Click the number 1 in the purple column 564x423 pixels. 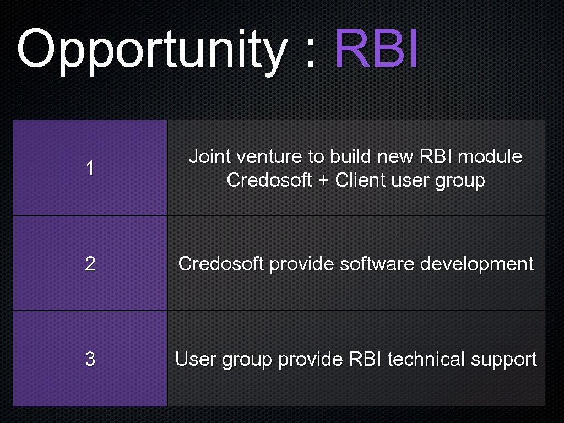[90, 169]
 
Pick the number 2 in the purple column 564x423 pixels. [90, 264]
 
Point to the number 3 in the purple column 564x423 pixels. [90, 360]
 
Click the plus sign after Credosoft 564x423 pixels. [323, 181]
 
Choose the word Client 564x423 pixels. [360, 180]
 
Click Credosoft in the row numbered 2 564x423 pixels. [221, 264]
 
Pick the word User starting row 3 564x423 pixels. [196, 360]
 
